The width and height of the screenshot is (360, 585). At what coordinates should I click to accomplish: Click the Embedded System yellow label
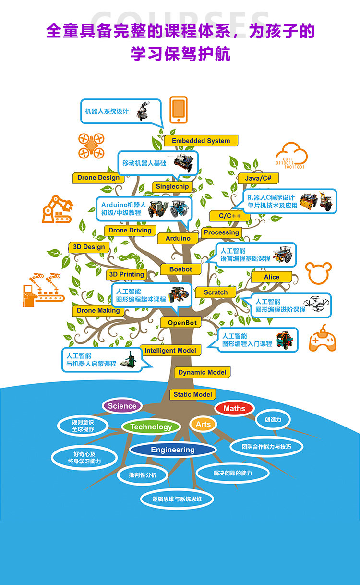click(x=201, y=141)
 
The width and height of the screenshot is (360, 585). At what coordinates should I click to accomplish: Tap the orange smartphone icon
click(x=179, y=110)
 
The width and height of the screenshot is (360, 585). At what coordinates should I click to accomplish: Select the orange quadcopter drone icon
click(x=91, y=146)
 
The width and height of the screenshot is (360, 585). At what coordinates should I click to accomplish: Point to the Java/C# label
click(x=258, y=178)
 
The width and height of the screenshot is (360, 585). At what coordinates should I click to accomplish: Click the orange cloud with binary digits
click(x=292, y=156)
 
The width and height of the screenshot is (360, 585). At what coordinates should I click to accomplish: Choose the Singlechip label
click(x=172, y=186)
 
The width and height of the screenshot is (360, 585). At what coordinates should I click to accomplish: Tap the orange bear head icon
click(x=319, y=273)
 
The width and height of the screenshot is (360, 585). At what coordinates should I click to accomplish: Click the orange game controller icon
click(x=323, y=339)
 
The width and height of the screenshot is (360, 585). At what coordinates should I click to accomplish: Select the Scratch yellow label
click(x=216, y=292)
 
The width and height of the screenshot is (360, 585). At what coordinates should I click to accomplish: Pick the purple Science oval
click(x=122, y=406)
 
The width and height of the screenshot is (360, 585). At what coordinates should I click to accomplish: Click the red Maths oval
click(x=234, y=408)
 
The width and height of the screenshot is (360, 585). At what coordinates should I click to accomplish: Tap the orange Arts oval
click(x=204, y=424)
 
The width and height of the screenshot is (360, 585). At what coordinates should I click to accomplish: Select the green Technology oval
click(x=151, y=427)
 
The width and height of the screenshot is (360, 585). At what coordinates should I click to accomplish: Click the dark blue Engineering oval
click(x=172, y=450)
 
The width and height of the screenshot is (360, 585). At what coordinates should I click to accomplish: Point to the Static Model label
click(x=192, y=394)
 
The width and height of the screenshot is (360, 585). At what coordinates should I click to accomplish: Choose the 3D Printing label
click(x=127, y=274)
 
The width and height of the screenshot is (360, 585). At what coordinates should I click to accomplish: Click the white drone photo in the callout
click(x=316, y=304)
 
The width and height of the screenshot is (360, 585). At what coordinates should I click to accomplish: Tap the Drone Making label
click(x=98, y=311)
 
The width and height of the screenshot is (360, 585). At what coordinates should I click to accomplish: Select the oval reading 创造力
click(x=273, y=419)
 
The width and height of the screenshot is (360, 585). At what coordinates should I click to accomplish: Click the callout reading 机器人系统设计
click(x=121, y=112)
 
